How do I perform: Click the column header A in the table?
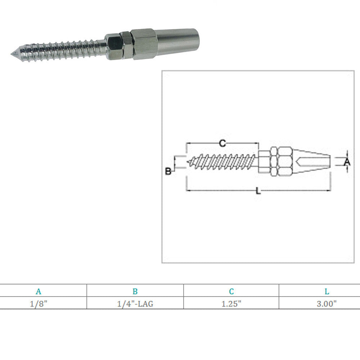point(39,291)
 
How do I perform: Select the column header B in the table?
point(135,291)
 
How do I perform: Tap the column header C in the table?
point(231,291)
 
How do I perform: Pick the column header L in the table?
point(327,291)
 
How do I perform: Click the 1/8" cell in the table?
point(39,304)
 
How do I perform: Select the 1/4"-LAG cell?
point(135,304)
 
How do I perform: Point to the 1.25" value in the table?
point(231,304)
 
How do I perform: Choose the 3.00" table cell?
point(327,304)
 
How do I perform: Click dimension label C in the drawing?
point(222,143)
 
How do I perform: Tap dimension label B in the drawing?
point(168,171)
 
